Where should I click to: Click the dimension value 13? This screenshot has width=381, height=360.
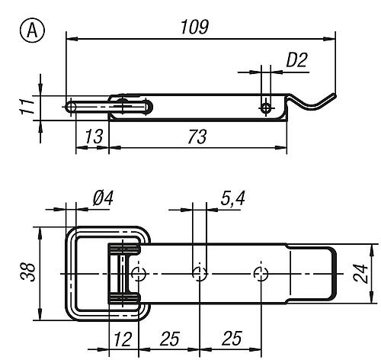[x=93, y=138]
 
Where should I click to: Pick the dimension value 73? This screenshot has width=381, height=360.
[x=197, y=138]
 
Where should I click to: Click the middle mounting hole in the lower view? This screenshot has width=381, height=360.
[x=199, y=273]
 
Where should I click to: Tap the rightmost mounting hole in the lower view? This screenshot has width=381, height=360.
[x=262, y=273]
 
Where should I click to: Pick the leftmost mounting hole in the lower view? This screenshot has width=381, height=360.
[x=137, y=273]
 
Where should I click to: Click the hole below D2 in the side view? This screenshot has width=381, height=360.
[x=266, y=108]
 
